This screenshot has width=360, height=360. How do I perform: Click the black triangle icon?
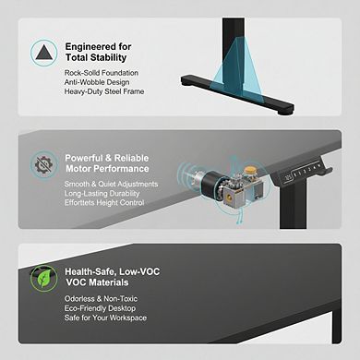click(43, 53)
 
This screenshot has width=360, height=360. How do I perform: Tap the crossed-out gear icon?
click(43, 164)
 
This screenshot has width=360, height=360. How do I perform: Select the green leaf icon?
click(43, 279)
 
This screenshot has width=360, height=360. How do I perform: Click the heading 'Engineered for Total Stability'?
click(98, 52)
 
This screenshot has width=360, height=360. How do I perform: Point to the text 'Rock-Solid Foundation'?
click(102, 73)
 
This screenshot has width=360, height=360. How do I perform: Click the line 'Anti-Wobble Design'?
click(97, 82)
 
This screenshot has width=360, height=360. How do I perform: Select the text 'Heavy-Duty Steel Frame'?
click(104, 91)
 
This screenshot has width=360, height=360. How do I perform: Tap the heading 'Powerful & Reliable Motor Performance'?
click(107, 163)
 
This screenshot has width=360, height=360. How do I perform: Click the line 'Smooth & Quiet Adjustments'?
click(111, 184)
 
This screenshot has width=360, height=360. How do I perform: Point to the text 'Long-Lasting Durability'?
click(102, 194)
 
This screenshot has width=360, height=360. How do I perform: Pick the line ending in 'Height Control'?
click(104, 203)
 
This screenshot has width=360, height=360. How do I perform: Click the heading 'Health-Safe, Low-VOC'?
click(113, 271)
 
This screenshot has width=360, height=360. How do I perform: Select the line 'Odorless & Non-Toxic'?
click(101, 299)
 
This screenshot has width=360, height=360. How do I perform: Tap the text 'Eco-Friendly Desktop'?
click(100, 308)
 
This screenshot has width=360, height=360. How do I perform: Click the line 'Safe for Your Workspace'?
click(105, 318)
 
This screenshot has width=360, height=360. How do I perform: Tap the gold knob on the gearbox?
click(251, 171)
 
